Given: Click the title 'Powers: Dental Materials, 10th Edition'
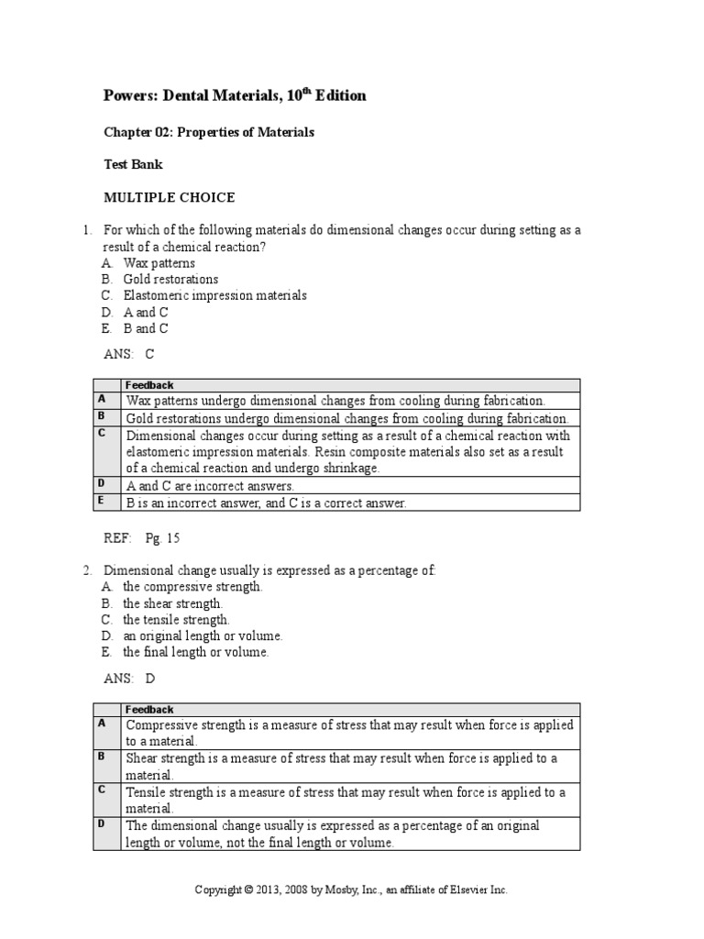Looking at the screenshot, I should tap(235, 96).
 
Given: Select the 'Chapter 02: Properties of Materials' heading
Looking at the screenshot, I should tap(208, 132).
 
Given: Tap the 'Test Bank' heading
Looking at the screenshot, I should tap(133, 165).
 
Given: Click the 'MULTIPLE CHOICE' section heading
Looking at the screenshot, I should tap(169, 197).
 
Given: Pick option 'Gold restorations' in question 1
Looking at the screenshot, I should tap(170, 279).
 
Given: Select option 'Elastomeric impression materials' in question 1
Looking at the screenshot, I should tap(214, 295).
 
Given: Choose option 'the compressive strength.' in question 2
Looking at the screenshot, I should tap(192, 587).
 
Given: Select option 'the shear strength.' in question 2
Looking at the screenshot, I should tap(173, 603).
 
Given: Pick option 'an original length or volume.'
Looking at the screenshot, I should tap(203, 635).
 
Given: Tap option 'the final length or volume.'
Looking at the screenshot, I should tap(196, 652).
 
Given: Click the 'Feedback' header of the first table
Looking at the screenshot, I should tap(149, 385).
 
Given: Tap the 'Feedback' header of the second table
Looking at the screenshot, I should tap(149, 709).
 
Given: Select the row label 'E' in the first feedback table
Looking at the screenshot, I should tap(102, 501).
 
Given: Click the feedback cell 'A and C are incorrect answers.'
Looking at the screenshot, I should tap(210, 485).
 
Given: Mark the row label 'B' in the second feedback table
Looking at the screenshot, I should tap(102, 757).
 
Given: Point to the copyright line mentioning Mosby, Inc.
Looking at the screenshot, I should tap(351, 889).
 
